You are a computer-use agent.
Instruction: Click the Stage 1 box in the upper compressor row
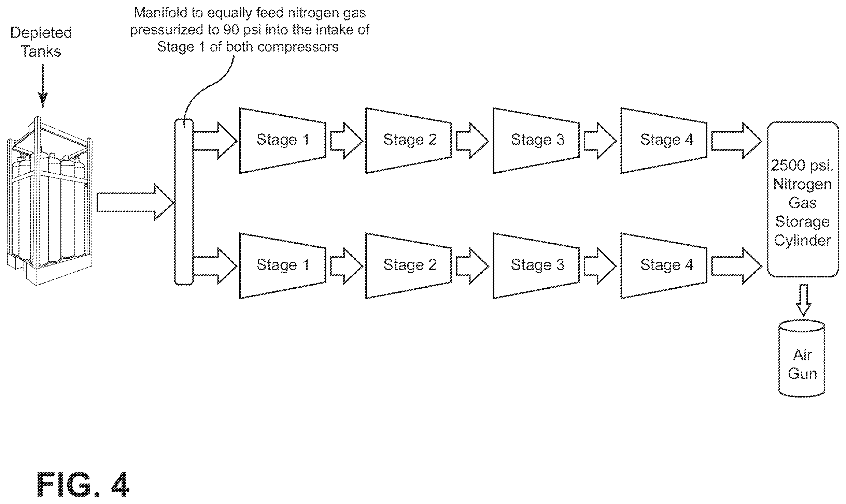[283, 141]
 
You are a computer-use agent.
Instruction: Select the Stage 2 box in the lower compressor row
[409, 266]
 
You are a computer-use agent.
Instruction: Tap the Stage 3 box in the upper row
[536, 141]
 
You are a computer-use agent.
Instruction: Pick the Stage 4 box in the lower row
[664, 266]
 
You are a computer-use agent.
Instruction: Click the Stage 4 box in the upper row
[664, 141]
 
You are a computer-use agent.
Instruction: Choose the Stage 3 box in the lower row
[536, 266]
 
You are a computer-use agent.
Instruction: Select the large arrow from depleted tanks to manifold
[136, 202]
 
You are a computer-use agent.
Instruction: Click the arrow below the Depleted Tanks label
[43, 85]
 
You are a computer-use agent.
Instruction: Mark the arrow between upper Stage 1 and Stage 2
[346, 141]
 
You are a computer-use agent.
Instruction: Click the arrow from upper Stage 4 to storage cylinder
[736, 141]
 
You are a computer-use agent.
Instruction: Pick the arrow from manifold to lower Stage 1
[215, 266]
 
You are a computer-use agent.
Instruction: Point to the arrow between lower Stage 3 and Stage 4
[600, 266]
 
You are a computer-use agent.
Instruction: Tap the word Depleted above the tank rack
[41, 33]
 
